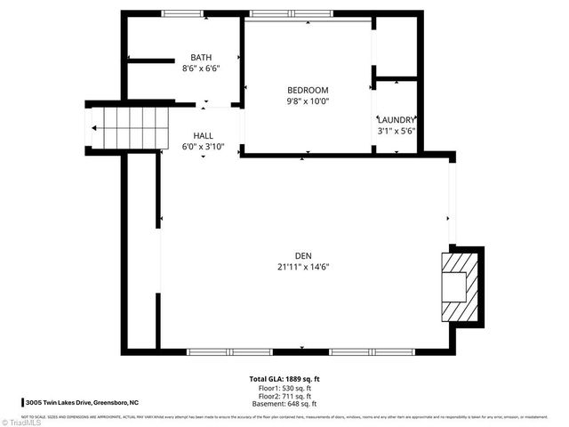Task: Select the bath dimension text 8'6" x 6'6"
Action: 201,68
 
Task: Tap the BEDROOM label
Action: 308,90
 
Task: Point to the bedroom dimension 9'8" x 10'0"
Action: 308,101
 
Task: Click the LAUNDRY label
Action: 396,119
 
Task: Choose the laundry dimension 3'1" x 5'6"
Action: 396,131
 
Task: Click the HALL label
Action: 204,136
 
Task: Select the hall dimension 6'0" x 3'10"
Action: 204,147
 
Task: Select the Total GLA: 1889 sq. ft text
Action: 284,379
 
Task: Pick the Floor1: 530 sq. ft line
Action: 284,388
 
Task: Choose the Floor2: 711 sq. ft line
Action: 284,397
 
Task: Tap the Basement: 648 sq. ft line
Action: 284,405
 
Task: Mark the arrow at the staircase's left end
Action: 94,128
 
